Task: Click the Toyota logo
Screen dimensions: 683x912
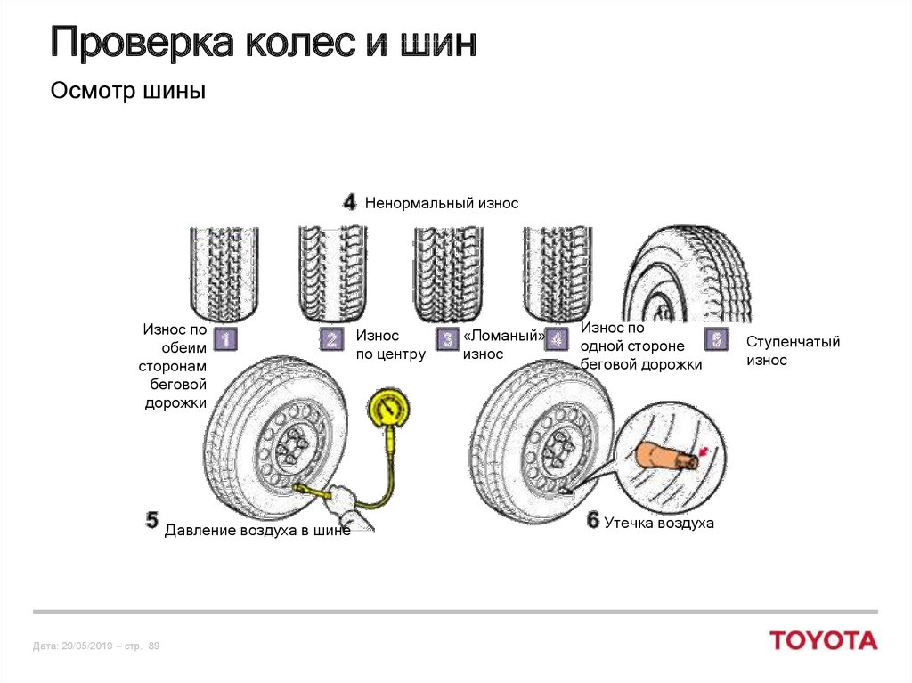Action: (824, 640)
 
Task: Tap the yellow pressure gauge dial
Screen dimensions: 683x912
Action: (389, 410)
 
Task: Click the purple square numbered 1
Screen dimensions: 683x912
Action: (226, 339)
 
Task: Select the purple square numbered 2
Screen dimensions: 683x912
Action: (332, 339)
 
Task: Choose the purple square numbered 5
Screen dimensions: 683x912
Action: (715, 339)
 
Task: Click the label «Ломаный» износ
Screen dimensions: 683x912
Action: (503, 345)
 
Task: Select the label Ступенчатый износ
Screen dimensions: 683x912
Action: (793, 351)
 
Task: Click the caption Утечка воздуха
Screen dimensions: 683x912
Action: (659, 524)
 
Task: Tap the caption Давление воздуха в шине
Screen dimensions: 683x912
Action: (257, 531)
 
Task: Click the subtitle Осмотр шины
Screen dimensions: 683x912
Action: (128, 91)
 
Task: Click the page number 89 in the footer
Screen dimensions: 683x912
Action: (153, 646)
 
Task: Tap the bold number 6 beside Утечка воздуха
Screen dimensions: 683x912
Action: (593, 521)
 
